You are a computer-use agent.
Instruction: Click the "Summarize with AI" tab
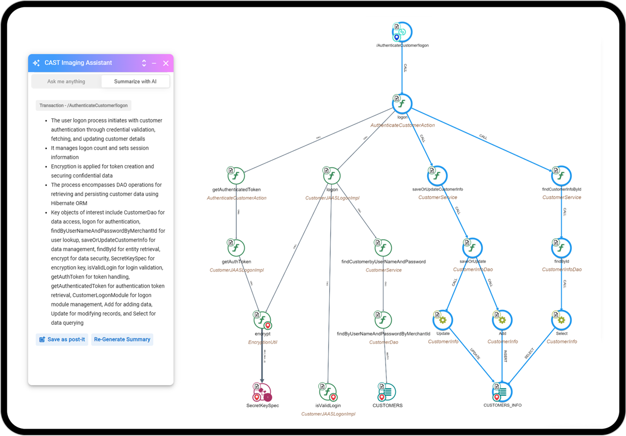[135, 81]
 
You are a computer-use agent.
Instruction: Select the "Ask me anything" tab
[66, 81]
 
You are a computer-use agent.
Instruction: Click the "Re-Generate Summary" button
[122, 339]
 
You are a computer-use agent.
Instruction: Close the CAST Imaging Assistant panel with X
[166, 63]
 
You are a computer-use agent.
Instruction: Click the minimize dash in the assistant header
[154, 63]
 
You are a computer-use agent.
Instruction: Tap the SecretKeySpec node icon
[262, 392]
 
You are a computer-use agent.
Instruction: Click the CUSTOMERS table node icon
[387, 392]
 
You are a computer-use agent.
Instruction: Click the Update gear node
[443, 320]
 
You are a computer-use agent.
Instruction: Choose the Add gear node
[502, 320]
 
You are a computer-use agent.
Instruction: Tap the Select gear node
[561, 320]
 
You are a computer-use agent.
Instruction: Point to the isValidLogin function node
[328, 392]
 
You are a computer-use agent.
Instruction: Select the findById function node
[561, 248]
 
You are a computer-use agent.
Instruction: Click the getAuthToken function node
[236, 248]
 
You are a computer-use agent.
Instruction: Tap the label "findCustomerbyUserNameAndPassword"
[383, 262]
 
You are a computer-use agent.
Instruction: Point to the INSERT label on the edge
[504, 356]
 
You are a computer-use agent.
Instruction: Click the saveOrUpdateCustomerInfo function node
[438, 176]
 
